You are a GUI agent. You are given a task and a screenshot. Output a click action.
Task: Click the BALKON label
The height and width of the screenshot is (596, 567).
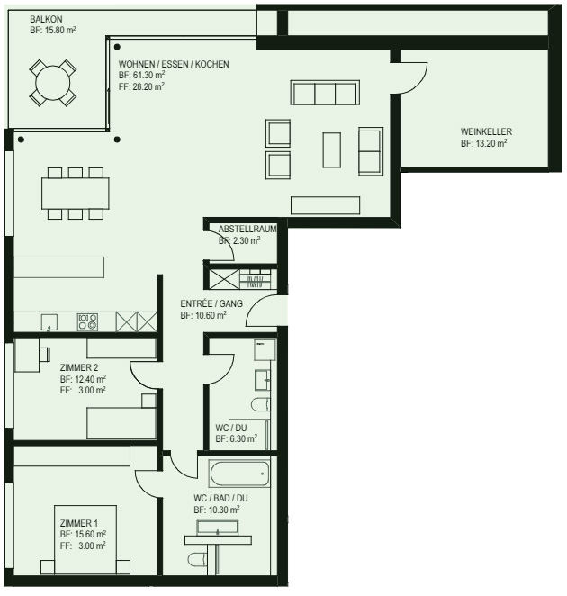(x=46, y=19)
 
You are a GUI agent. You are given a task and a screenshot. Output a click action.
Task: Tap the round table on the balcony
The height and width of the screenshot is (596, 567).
(x=53, y=83)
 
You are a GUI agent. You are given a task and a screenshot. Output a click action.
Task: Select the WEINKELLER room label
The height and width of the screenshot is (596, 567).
(x=486, y=131)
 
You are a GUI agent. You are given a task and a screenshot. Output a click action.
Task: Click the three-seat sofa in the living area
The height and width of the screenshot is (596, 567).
(x=325, y=92)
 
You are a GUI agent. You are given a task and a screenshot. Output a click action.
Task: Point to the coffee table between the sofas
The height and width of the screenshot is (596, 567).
(x=332, y=149)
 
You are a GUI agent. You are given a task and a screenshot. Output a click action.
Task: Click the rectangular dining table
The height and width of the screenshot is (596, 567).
(x=76, y=193)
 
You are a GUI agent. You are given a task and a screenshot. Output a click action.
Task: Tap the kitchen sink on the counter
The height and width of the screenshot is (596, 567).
(x=49, y=322)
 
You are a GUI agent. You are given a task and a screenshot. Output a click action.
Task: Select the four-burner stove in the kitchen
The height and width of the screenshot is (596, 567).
(x=87, y=322)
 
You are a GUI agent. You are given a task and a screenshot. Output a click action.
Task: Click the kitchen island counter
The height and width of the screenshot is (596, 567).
(x=58, y=267)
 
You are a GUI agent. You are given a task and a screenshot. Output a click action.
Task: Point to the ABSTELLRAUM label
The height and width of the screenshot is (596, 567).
(x=247, y=229)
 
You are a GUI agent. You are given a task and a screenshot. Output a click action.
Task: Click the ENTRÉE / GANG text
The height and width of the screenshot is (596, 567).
(x=211, y=303)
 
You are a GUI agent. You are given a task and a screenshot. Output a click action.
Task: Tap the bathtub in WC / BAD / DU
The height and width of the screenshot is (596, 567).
(x=239, y=474)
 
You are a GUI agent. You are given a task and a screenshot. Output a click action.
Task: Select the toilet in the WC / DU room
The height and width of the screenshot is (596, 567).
(x=261, y=404)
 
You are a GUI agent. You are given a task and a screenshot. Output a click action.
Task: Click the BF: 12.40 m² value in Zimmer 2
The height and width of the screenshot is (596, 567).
(x=83, y=379)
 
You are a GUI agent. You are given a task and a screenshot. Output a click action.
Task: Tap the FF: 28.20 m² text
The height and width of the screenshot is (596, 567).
(x=141, y=86)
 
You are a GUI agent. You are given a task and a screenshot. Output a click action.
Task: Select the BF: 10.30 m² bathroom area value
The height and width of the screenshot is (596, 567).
(x=217, y=510)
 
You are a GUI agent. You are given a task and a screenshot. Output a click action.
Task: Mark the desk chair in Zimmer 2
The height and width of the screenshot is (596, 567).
(x=45, y=354)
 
